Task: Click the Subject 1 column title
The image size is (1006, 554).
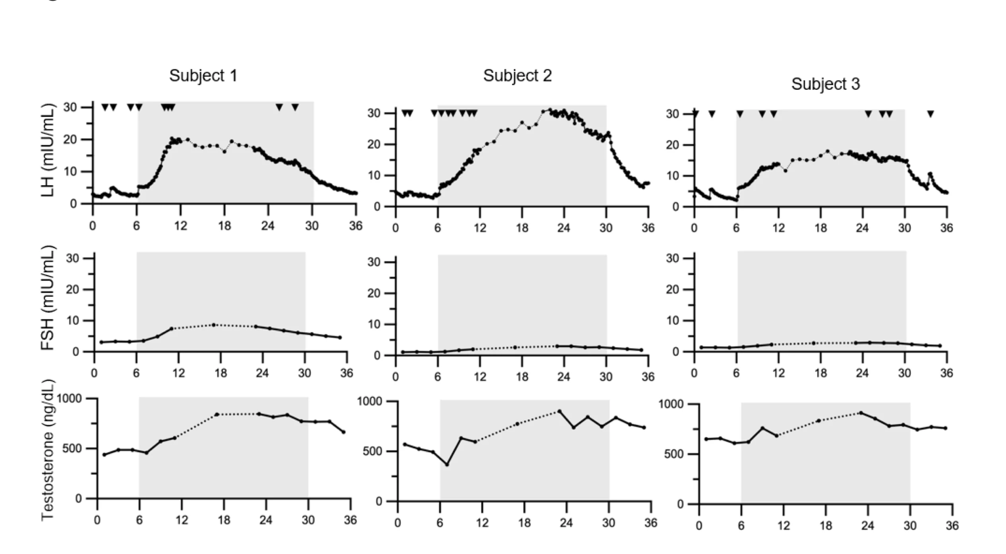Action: point(203,76)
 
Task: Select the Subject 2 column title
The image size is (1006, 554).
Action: point(517,76)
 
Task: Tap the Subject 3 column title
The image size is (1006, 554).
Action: point(825,84)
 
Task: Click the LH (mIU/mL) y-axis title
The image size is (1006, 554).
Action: point(48,150)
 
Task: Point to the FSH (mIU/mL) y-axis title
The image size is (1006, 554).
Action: point(48,298)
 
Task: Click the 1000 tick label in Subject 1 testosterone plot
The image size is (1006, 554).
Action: point(70,398)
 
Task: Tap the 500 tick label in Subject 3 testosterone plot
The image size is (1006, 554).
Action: point(673,454)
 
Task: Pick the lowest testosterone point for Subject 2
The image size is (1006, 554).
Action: point(447,464)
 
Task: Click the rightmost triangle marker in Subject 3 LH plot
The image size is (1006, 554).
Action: point(931,114)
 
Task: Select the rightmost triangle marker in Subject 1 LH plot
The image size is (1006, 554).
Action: point(295,107)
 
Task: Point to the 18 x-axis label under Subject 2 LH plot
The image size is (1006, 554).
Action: point(522,228)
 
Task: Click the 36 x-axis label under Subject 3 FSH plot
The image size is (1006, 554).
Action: point(946,373)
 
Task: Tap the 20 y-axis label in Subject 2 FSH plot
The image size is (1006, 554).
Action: point(374,293)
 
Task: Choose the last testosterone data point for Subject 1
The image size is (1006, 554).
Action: point(344,432)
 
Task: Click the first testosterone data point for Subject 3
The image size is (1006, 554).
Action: point(706,439)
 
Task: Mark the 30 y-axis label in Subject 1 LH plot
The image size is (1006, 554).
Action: point(70,107)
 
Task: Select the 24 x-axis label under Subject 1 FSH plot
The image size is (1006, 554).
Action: point(262,373)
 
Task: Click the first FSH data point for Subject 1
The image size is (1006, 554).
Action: point(101,342)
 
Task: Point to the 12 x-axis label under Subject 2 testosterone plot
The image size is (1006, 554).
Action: point(482,523)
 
